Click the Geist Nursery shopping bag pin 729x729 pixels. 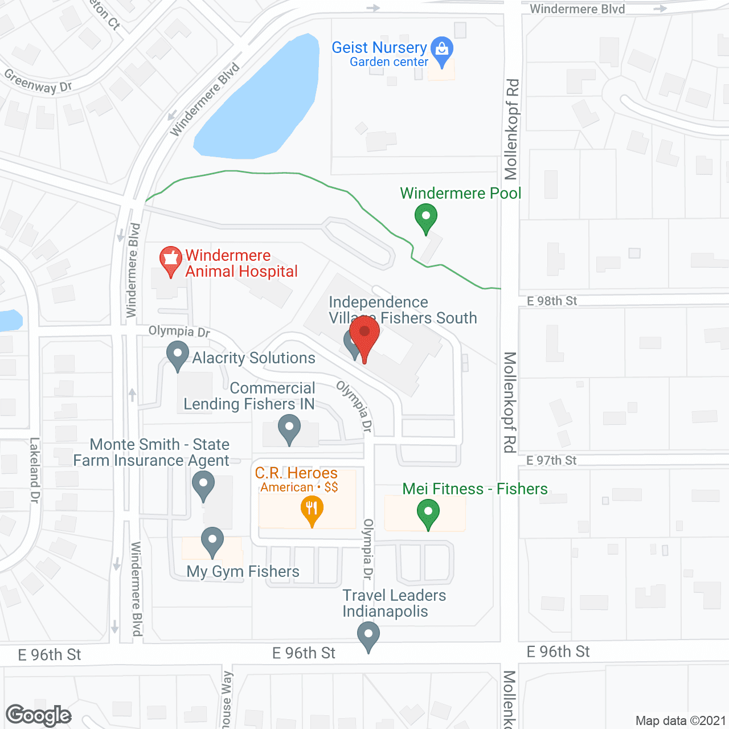[x=442, y=50]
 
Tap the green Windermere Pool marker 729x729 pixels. [x=425, y=218]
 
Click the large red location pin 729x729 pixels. [x=364, y=333]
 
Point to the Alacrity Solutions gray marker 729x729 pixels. [x=178, y=354]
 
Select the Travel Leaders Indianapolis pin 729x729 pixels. [x=368, y=634]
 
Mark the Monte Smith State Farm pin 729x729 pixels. [x=203, y=485]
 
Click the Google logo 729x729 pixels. [x=39, y=715]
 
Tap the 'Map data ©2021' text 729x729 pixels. [x=681, y=720]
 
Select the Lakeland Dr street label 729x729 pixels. [x=35, y=470]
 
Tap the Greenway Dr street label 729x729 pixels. [x=38, y=81]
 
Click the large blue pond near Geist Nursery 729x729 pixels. [x=262, y=103]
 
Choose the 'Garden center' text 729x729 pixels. [x=389, y=62]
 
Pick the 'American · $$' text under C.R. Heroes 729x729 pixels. [x=299, y=488]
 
